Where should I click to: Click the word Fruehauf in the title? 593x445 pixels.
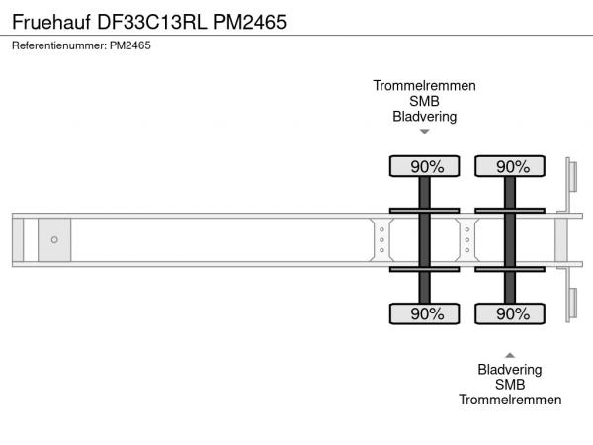point(51,22)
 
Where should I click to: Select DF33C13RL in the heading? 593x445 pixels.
point(152,22)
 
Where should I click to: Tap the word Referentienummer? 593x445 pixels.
point(59,45)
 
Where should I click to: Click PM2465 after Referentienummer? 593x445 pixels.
point(130,45)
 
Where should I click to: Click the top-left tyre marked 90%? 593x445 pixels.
point(424,166)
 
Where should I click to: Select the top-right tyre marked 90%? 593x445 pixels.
point(510,166)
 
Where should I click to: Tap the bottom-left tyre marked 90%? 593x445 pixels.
point(424,313)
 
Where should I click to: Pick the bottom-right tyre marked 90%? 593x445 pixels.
point(510,313)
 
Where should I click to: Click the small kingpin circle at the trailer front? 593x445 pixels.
point(54,240)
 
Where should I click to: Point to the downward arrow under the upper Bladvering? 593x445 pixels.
point(425,132)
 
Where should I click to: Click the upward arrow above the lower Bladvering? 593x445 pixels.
point(510,355)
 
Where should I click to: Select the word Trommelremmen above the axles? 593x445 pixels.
point(424,85)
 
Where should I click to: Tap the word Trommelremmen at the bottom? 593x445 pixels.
point(510,400)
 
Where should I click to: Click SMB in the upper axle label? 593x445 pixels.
point(424,101)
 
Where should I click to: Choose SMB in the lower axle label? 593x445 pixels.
point(510,385)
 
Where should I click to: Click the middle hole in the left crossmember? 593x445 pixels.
point(381,240)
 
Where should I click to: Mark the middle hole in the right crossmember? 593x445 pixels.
point(467,240)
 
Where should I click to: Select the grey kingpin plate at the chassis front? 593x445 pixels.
point(54,240)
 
